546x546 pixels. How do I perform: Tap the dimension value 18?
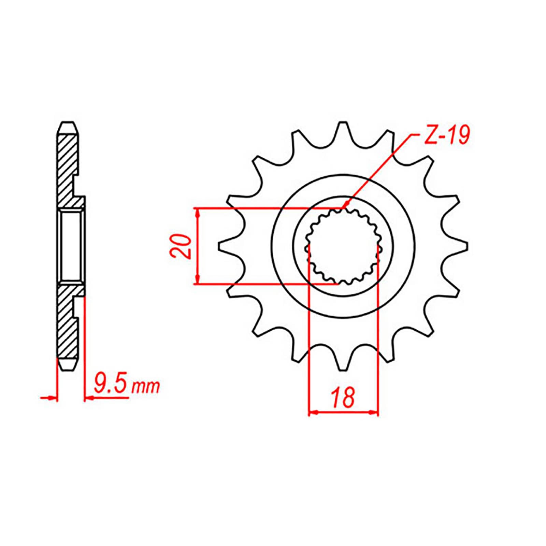343,397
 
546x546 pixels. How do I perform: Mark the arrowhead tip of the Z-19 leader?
343,208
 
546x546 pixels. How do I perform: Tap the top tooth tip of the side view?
67,123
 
